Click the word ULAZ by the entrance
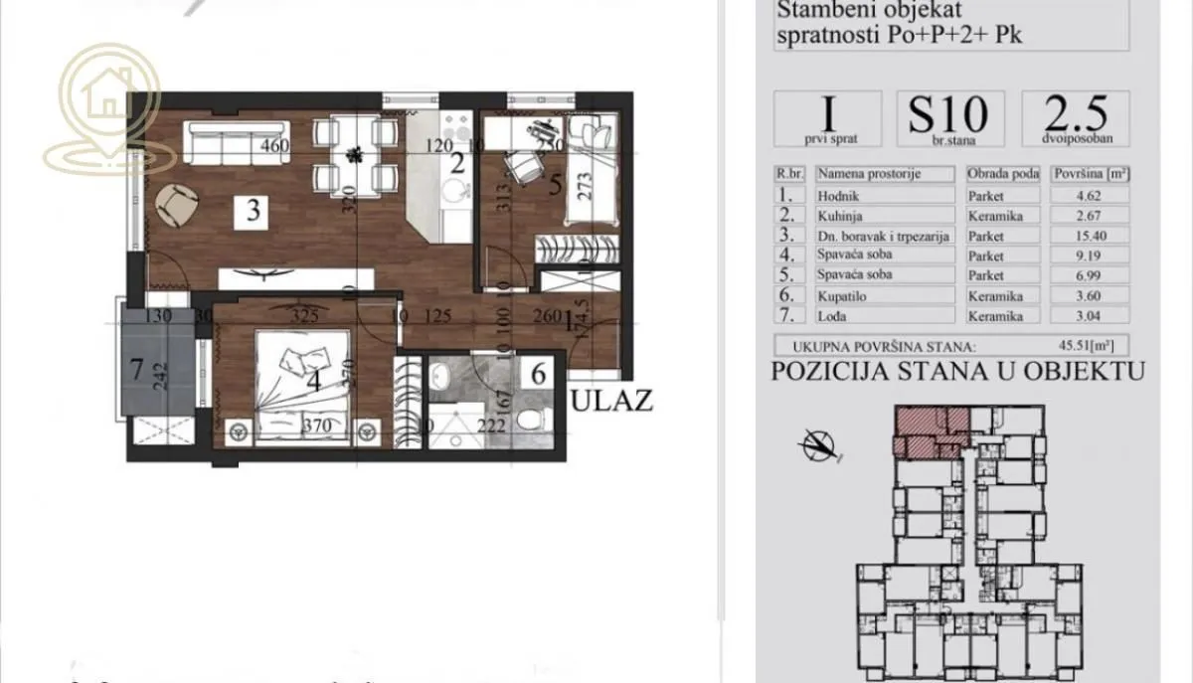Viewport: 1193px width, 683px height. point(613,402)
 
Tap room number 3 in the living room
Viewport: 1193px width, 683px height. point(255,211)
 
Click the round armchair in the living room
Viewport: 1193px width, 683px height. point(179,205)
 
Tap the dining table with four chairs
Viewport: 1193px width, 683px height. point(352,154)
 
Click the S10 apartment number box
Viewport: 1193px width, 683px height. point(948,118)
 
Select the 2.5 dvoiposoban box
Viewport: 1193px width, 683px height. point(1075,118)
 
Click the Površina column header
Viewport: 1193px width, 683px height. point(1090,173)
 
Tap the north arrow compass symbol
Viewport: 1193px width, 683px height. point(818,443)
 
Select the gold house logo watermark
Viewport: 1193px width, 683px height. point(102,108)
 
